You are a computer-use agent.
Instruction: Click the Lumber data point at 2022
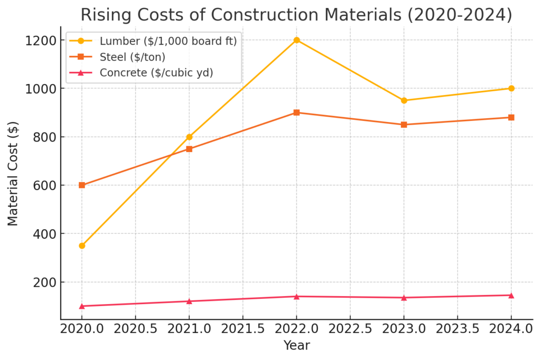pyautogui.click(x=296, y=40)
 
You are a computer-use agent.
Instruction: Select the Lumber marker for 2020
pyautogui.click(x=82, y=245)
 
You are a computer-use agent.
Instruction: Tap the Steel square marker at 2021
pyautogui.click(x=189, y=149)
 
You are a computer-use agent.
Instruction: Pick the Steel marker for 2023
pyautogui.click(x=404, y=125)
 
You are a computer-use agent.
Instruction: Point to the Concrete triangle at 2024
pyautogui.click(x=511, y=295)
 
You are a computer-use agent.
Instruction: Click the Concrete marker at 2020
pyautogui.click(x=82, y=306)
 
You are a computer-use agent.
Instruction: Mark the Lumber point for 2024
pyautogui.click(x=511, y=88)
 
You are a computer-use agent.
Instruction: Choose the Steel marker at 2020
pyautogui.click(x=82, y=185)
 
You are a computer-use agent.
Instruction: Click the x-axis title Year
pyautogui.click(x=296, y=346)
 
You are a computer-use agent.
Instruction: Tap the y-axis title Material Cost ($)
pyautogui.click(x=13, y=174)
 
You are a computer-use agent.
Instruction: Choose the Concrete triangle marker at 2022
pyautogui.click(x=296, y=296)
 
